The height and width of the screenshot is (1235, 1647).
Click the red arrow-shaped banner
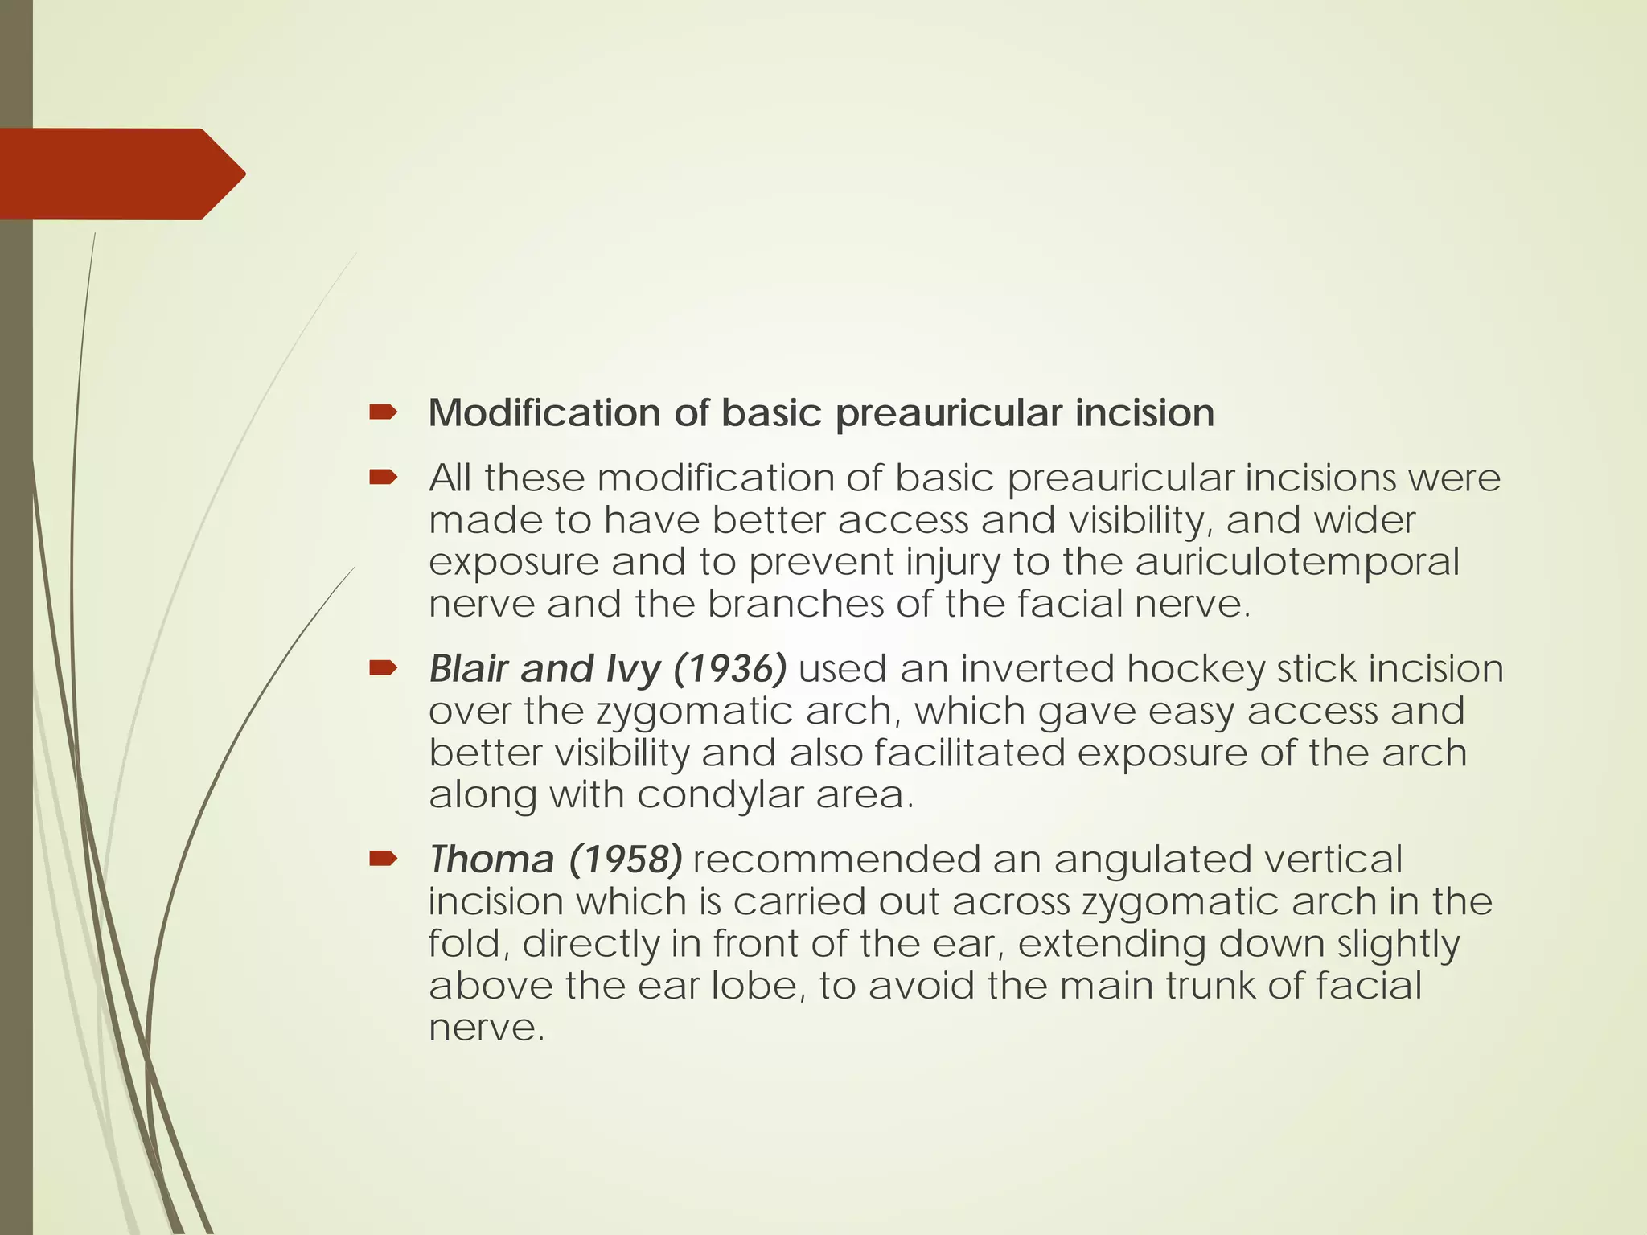point(121,174)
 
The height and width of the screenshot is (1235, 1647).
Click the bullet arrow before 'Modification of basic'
point(383,413)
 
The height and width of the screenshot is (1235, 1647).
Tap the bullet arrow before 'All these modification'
point(383,478)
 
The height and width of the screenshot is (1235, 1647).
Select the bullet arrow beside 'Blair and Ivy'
point(383,668)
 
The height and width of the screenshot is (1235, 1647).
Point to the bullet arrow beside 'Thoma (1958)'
point(383,859)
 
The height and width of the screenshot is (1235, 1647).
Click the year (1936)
point(729,669)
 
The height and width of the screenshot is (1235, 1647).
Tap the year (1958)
point(626,860)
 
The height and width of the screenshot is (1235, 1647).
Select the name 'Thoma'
point(491,860)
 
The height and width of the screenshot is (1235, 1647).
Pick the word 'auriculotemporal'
point(1296,562)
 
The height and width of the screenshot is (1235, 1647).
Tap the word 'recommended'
point(836,860)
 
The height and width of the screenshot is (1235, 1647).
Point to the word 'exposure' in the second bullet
point(514,562)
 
